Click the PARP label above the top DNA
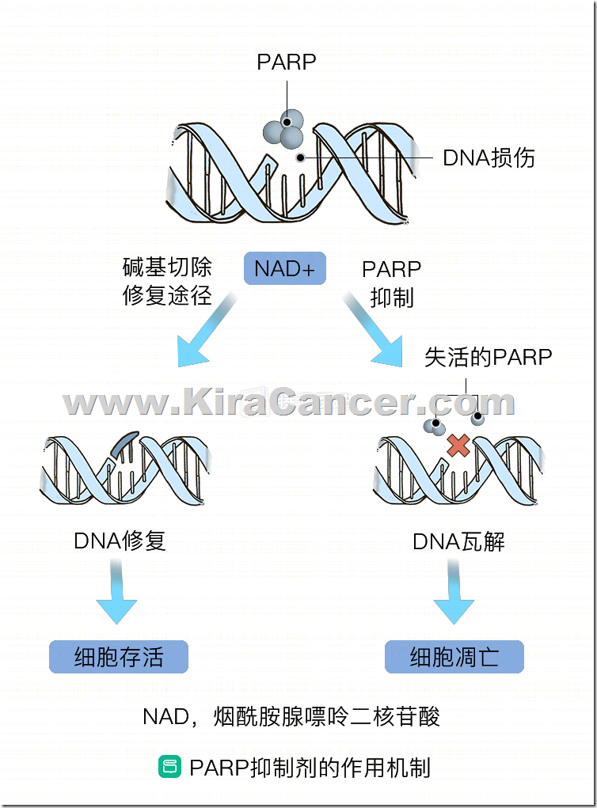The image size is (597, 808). pos(286,62)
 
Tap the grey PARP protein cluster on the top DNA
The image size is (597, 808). pos(283,128)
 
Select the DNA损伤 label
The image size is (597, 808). pos(489,157)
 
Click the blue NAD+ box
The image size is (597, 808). pos(284,268)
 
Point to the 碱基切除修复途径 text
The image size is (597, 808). pos(167,282)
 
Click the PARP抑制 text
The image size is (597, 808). pos(391,283)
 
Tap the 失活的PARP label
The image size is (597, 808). pos(488,357)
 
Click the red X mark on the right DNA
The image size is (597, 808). pos(458,446)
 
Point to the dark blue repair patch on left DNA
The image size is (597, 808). pos(124,442)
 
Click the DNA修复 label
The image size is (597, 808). pos(120,541)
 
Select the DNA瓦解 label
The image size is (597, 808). pos(458,541)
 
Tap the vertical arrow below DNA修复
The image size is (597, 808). pos(116,592)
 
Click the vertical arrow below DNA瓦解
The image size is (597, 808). pos(454,592)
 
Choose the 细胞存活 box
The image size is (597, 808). pos(119,657)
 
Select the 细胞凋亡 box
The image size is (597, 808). pos(454,657)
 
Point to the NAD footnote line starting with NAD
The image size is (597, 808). pos(291,717)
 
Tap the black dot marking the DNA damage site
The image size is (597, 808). pos(300,157)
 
